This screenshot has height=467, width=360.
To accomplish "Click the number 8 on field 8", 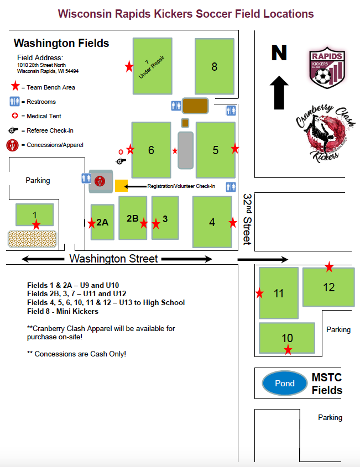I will tap(215, 67).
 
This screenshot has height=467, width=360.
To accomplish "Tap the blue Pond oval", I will tap(285, 383).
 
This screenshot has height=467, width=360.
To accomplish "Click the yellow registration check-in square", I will tap(121, 186).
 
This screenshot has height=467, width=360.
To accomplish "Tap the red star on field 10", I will tap(288, 349).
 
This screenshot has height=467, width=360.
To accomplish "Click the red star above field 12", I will tap(329, 267).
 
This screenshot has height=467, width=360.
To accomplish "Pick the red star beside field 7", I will tap(129, 67).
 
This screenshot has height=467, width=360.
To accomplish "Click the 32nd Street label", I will tap(247, 219).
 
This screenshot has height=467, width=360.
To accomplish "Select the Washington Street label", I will tap(113, 259).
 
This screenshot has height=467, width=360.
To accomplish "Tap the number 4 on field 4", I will tap(212, 222).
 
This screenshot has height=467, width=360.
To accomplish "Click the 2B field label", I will tap(132, 218).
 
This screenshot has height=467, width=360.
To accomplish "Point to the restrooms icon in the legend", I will tap(14, 102).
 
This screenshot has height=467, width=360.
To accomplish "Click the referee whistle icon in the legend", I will tap(14, 130).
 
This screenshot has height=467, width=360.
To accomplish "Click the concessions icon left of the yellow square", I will tap(100, 180).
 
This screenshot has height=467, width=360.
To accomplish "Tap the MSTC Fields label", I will tap(327, 384).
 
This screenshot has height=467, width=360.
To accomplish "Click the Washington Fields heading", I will tap(61, 43).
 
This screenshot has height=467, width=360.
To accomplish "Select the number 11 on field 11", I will tap(278, 293).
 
